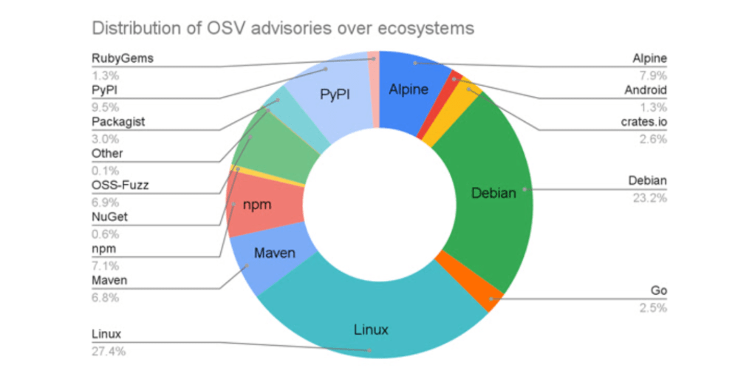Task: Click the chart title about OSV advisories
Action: [x=283, y=28]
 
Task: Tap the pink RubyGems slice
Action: [x=374, y=89]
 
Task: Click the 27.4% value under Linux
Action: [x=109, y=352]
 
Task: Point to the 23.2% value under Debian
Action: [x=649, y=198]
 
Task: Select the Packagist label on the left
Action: [x=118, y=121]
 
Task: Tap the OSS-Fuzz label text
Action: [x=120, y=185]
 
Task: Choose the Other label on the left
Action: [x=107, y=154]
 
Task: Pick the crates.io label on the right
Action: [x=645, y=121]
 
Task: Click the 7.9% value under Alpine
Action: [x=652, y=75]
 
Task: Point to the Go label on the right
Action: [x=658, y=291]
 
